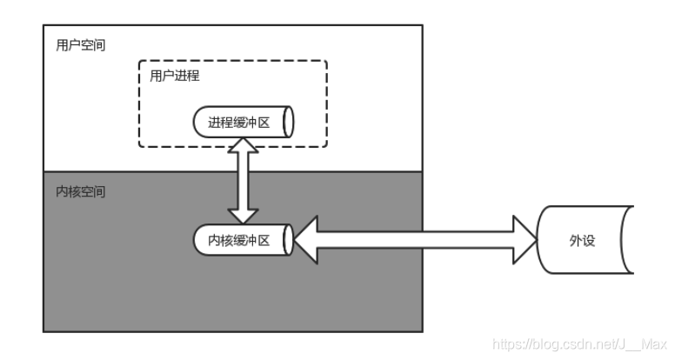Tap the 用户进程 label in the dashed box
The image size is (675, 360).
[175, 76]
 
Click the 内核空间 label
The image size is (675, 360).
[80, 190]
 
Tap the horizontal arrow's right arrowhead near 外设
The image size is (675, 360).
[525, 240]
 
